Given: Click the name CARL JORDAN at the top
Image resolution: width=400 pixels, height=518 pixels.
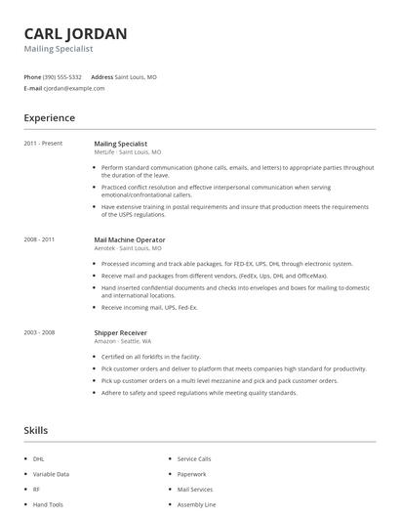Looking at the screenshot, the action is click(75, 34).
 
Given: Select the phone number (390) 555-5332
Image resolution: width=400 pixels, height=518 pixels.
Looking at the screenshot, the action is click(63, 76).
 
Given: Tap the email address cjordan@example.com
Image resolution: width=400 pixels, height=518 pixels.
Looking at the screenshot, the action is click(74, 88).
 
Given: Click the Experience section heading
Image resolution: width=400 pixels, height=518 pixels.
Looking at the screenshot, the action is click(50, 118).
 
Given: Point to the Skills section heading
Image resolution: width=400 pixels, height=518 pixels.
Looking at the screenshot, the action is click(36, 430).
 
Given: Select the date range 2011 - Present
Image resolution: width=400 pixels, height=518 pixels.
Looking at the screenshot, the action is click(43, 144).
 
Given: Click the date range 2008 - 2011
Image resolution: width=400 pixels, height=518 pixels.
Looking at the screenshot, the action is click(40, 239).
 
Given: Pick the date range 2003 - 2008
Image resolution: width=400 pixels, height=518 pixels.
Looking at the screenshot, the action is click(40, 332).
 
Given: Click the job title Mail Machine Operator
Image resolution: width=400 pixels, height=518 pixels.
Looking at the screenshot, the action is click(130, 239).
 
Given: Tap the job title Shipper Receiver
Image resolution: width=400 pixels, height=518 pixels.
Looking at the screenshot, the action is click(121, 332).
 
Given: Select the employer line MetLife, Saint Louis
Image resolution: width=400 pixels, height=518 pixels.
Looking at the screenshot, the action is click(128, 152).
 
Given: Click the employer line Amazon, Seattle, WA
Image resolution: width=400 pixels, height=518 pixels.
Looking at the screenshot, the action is click(123, 341).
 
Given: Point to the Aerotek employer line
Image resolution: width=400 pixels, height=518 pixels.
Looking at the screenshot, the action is click(128, 248).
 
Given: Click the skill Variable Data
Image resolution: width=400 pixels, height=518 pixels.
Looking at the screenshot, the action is click(51, 474).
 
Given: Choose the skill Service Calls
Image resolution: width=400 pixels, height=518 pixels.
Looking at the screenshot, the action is click(194, 458).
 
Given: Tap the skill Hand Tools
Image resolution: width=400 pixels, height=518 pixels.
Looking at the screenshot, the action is click(48, 504).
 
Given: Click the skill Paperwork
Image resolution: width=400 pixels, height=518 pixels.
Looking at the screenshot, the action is click(191, 474).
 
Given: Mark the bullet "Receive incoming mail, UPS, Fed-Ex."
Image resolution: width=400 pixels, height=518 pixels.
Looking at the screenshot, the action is click(149, 307).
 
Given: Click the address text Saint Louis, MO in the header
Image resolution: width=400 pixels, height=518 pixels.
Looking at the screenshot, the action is click(136, 76).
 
